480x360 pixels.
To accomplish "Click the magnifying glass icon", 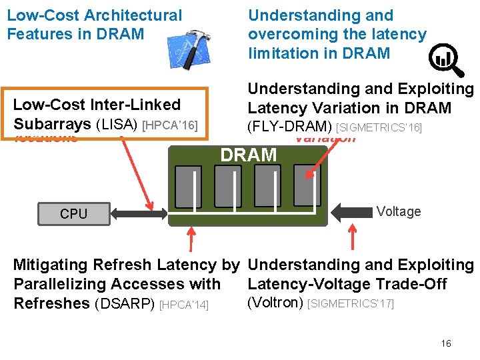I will (x=445, y=59).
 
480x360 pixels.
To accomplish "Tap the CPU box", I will (x=73, y=213).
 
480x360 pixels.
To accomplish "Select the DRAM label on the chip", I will (x=248, y=155).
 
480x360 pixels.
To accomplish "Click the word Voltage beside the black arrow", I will (x=398, y=211).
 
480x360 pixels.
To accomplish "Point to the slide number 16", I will (x=446, y=343).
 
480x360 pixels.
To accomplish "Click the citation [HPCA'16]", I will (x=171, y=125).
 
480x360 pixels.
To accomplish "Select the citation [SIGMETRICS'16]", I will (x=379, y=127).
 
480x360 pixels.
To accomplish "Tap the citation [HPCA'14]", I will (x=184, y=304).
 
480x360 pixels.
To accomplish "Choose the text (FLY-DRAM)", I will (x=290, y=126).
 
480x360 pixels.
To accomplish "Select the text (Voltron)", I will (x=275, y=303).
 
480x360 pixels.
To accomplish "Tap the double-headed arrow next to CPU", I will (x=140, y=213).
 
